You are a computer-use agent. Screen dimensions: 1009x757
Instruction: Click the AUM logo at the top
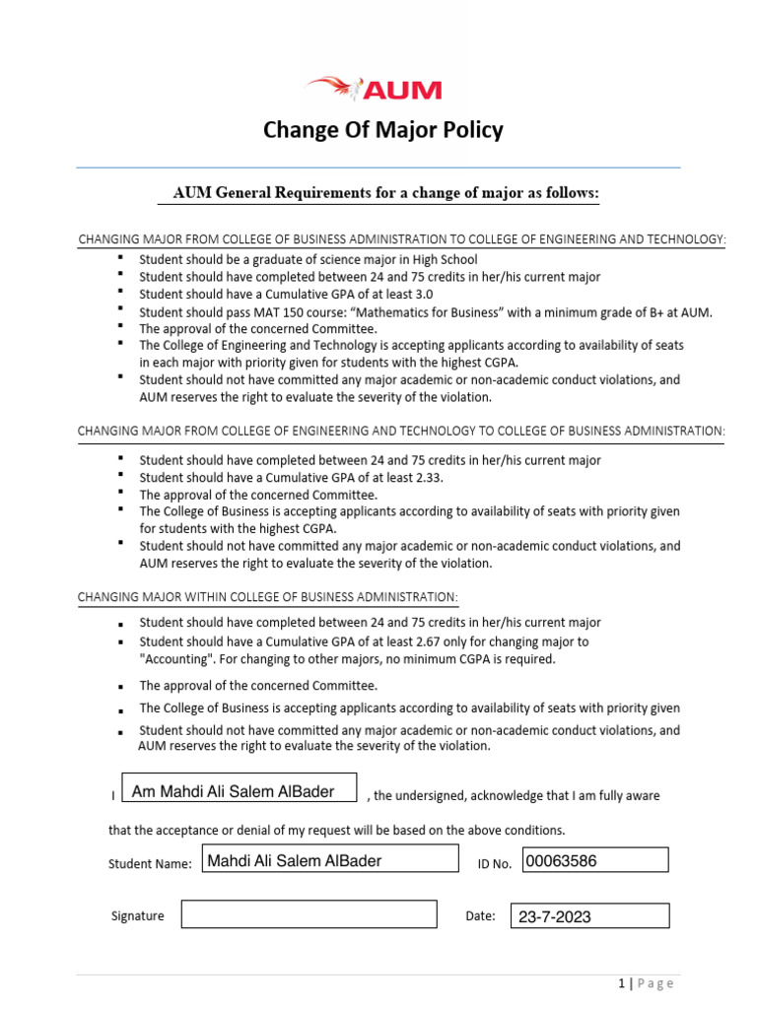tap(376, 90)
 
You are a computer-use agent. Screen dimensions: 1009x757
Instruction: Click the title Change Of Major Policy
tap(382, 130)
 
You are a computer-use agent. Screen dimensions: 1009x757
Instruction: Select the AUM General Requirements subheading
tap(385, 194)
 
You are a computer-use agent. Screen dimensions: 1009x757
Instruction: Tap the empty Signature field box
tap(308, 914)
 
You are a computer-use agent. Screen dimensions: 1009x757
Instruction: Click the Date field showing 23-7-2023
tap(588, 916)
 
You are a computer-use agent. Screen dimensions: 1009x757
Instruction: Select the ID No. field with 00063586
tap(595, 860)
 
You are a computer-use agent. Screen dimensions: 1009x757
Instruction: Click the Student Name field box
tap(330, 860)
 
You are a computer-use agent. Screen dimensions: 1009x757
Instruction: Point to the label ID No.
tap(494, 864)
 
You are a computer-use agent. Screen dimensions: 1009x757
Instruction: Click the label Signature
tap(138, 915)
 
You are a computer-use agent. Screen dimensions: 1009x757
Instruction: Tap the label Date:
tap(480, 915)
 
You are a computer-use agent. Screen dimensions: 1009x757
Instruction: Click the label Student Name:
tap(150, 864)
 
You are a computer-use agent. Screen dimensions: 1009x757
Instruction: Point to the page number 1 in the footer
tap(622, 983)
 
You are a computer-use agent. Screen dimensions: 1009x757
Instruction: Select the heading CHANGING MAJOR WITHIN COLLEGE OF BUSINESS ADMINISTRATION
tap(267, 597)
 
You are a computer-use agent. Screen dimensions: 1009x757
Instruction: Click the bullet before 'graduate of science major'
tap(120, 258)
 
